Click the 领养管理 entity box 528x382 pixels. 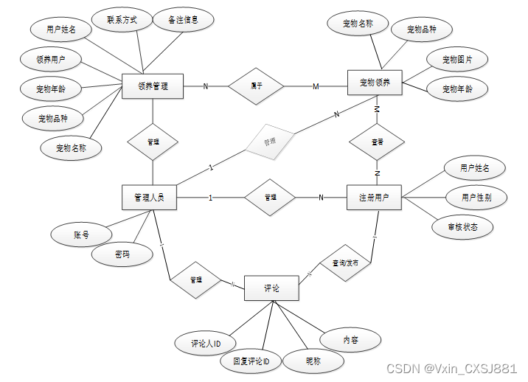pyautogui.click(x=153, y=86)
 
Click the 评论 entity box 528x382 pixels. pyautogui.click(x=271, y=288)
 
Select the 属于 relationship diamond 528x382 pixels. pyautogui.click(x=256, y=86)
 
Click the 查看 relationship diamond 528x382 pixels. pyautogui.click(x=376, y=141)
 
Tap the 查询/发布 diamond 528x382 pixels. pyautogui.click(x=345, y=261)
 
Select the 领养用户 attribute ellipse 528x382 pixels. pyautogui.click(x=52, y=58)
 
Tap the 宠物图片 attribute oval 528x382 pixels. pyautogui.click(x=457, y=59)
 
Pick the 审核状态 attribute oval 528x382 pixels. pyautogui.click(x=463, y=226)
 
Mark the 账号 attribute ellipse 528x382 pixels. pyautogui.click(x=81, y=235)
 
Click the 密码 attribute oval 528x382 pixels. pyautogui.click(x=122, y=254)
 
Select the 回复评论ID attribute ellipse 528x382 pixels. pyautogui.click(x=251, y=361)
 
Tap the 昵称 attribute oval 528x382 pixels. pyautogui.click(x=313, y=361)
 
